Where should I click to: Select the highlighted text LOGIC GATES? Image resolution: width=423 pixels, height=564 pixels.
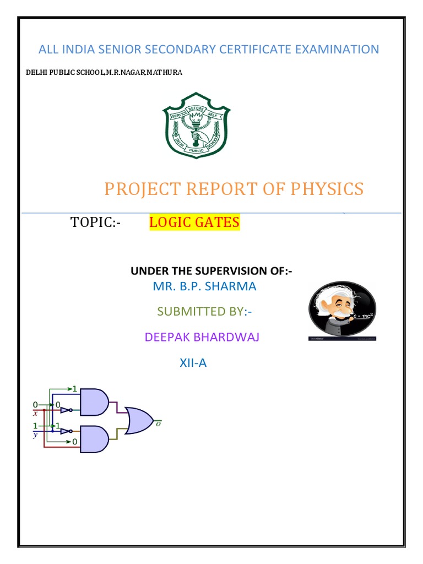(194, 223)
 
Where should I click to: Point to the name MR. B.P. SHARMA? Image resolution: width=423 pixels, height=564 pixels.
(204, 286)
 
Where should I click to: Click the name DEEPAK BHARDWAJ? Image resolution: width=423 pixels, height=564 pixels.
(202, 337)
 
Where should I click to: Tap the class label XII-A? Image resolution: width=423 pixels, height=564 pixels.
(193, 362)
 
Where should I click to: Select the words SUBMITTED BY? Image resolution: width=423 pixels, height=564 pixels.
(200, 312)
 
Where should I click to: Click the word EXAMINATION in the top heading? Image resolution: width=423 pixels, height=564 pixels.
(337, 50)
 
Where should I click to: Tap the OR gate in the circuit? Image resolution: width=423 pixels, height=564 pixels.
(139, 420)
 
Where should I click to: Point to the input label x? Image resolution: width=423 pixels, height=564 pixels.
(36, 413)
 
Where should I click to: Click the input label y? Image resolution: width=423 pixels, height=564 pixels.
(35, 434)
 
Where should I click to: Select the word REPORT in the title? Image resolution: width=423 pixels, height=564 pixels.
(216, 189)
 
